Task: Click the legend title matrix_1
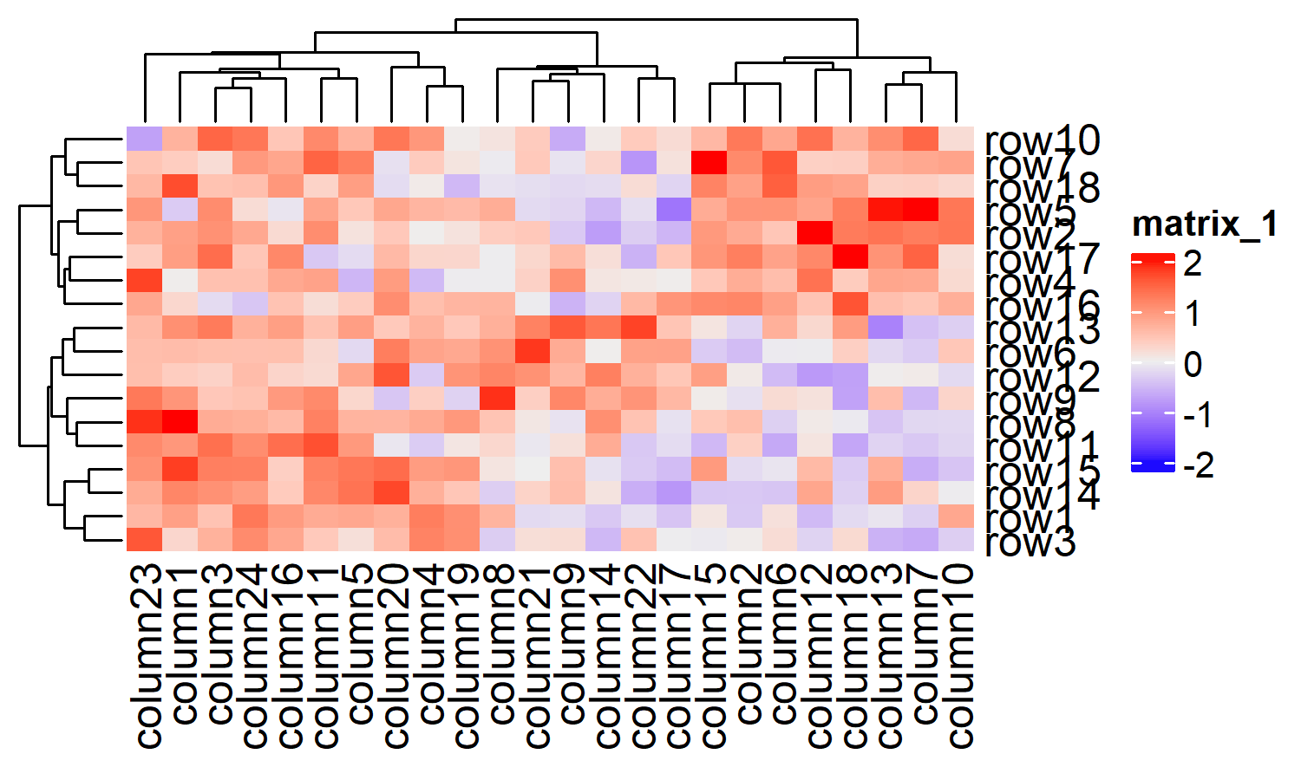click(1205, 224)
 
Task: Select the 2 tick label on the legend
click(1193, 263)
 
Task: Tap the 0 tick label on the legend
click(1193, 365)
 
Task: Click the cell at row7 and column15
click(709, 163)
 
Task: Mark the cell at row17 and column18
click(851, 257)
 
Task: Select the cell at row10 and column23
click(145, 140)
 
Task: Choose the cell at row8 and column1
click(180, 422)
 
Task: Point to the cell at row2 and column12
click(815, 234)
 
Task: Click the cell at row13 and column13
click(886, 328)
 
